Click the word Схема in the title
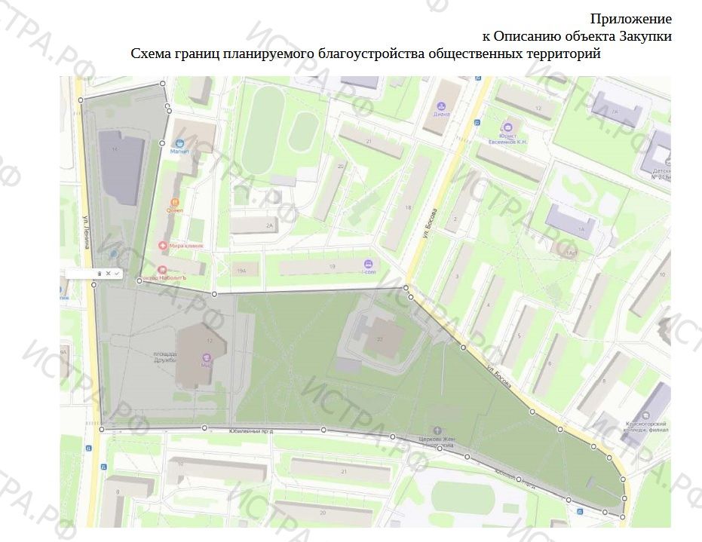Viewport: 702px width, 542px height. [x=151, y=54]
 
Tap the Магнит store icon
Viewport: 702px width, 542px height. [x=179, y=142]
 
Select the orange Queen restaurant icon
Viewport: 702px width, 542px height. [x=175, y=202]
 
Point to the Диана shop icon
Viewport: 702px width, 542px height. [x=441, y=106]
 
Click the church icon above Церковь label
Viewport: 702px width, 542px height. [x=437, y=430]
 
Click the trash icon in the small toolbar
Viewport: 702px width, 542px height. [x=100, y=273]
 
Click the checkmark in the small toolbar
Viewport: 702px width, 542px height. [x=117, y=273]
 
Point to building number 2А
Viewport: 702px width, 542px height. [x=269, y=225]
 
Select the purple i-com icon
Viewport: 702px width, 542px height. [x=368, y=264]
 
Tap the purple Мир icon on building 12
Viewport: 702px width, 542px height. [x=207, y=357]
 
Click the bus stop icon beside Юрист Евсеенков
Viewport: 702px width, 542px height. [x=477, y=122]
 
